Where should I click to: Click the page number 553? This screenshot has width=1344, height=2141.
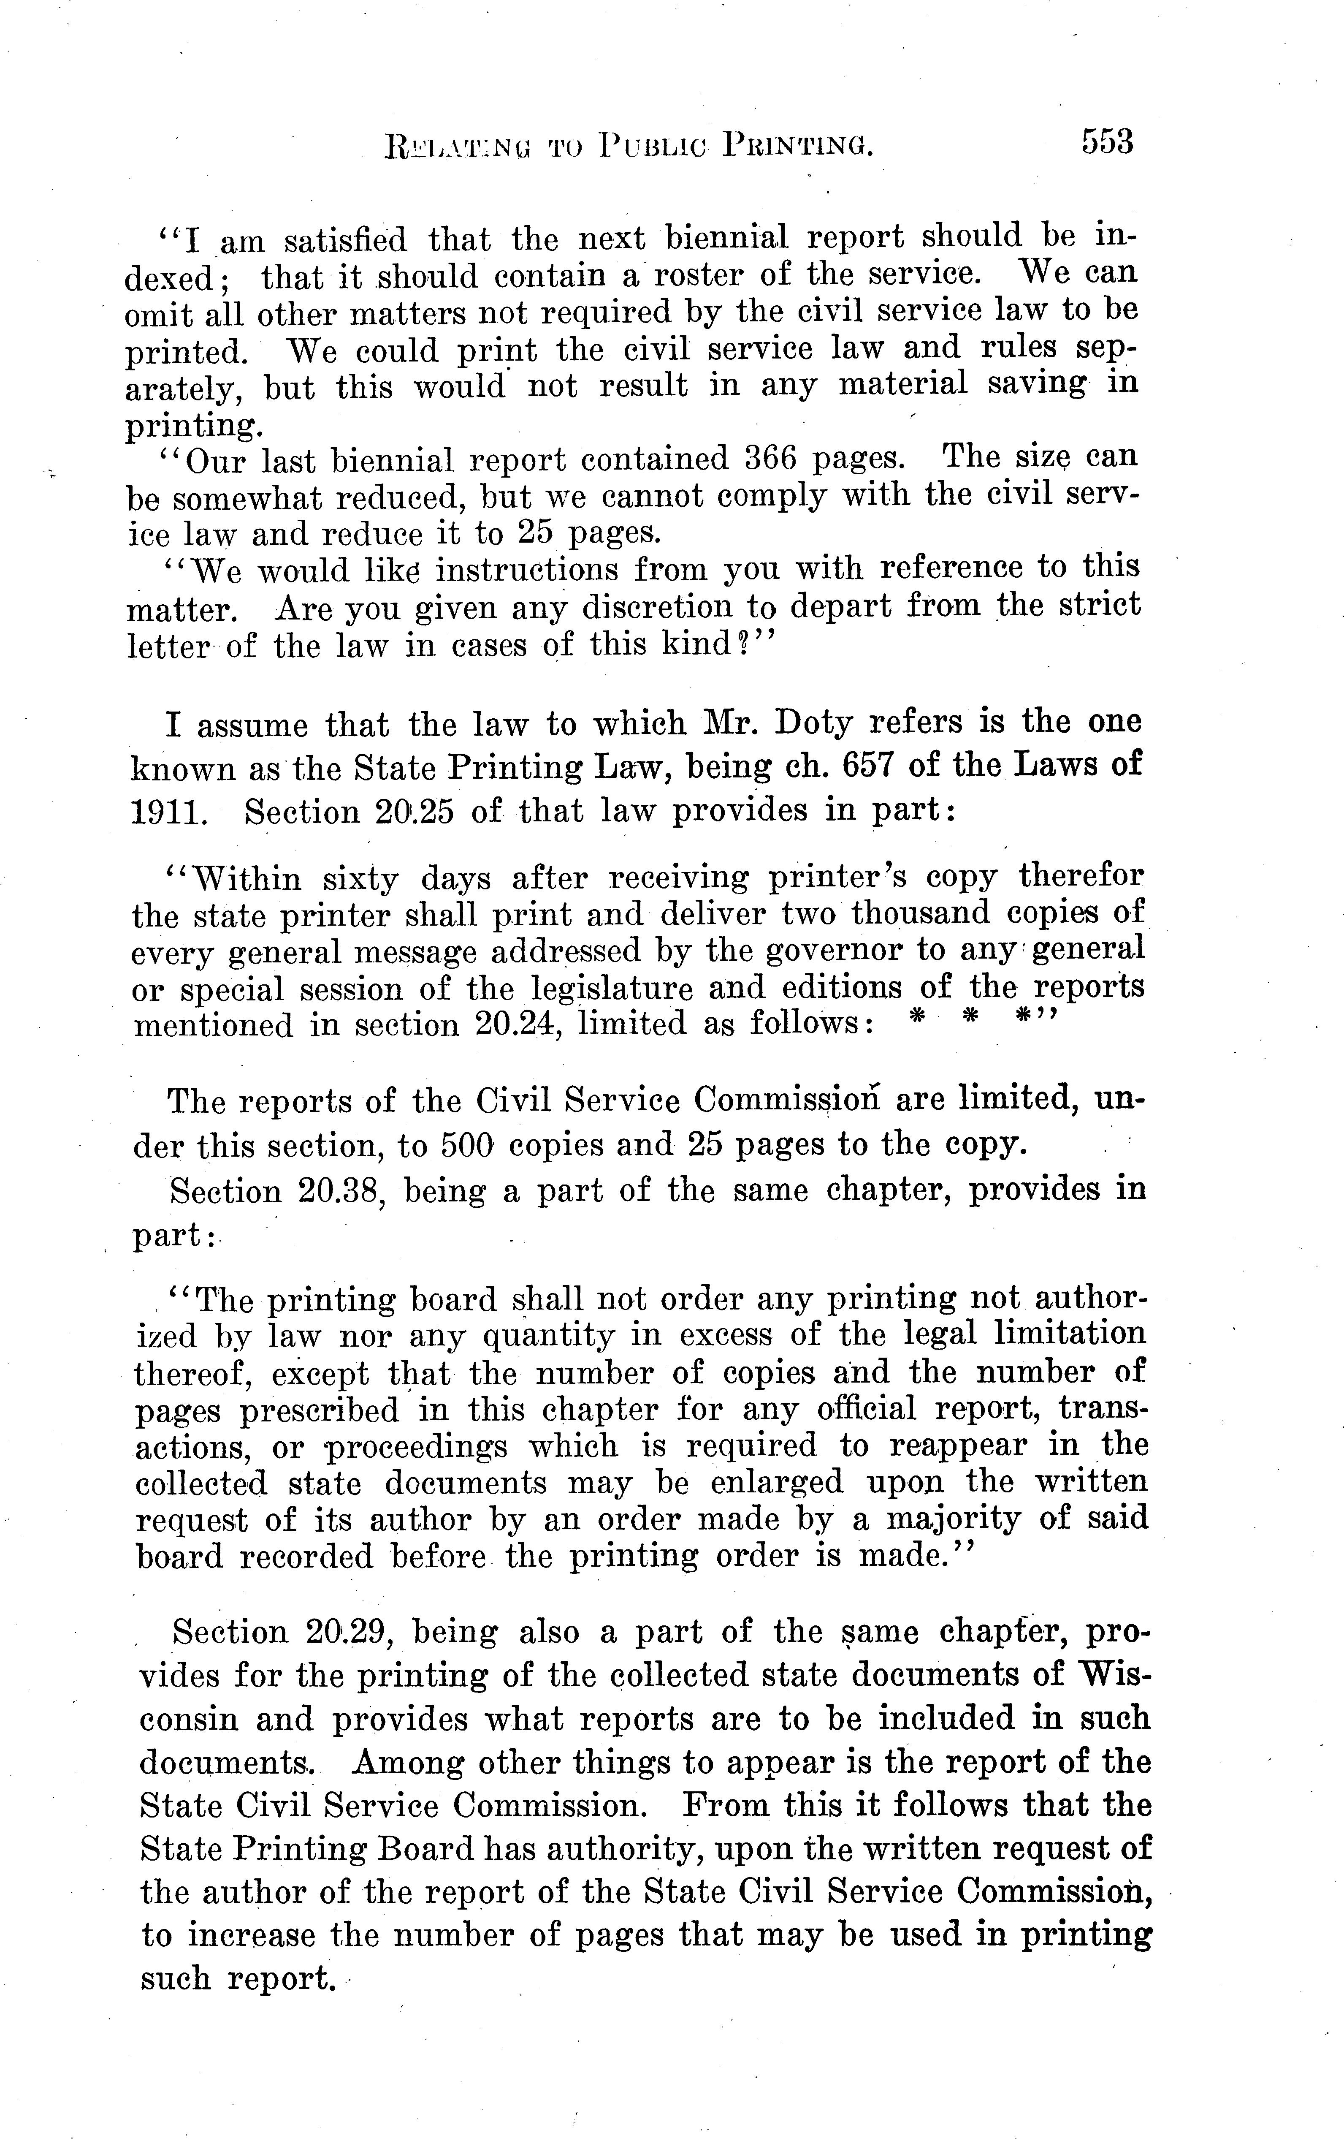[1107, 142]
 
